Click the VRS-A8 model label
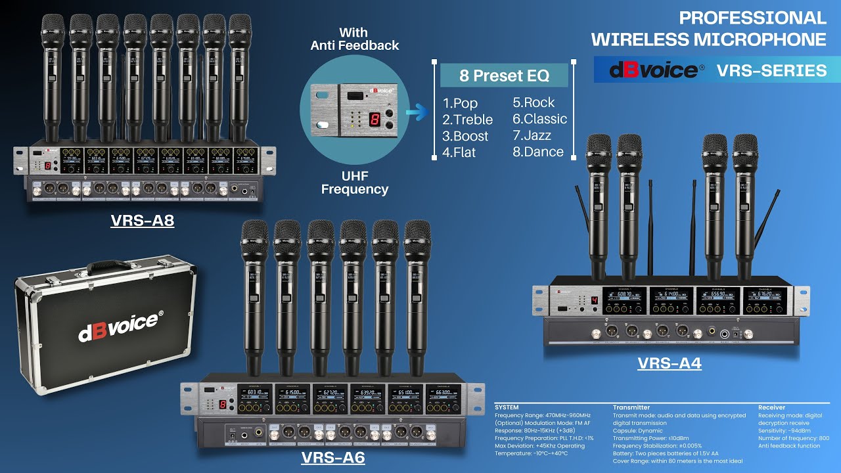(x=142, y=220)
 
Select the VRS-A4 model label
(x=669, y=363)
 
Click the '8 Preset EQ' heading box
(x=504, y=75)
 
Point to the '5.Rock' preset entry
(x=534, y=102)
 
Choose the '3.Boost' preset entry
(x=465, y=136)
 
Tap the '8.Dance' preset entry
(x=538, y=152)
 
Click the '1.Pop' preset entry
(x=460, y=103)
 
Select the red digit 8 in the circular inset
(x=374, y=119)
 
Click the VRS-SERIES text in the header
(x=771, y=70)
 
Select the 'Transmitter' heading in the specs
(x=631, y=407)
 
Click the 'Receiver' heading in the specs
(x=771, y=407)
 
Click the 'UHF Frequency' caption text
(x=354, y=182)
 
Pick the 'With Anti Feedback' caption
(x=354, y=39)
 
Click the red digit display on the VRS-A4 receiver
(x=594, y=301)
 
